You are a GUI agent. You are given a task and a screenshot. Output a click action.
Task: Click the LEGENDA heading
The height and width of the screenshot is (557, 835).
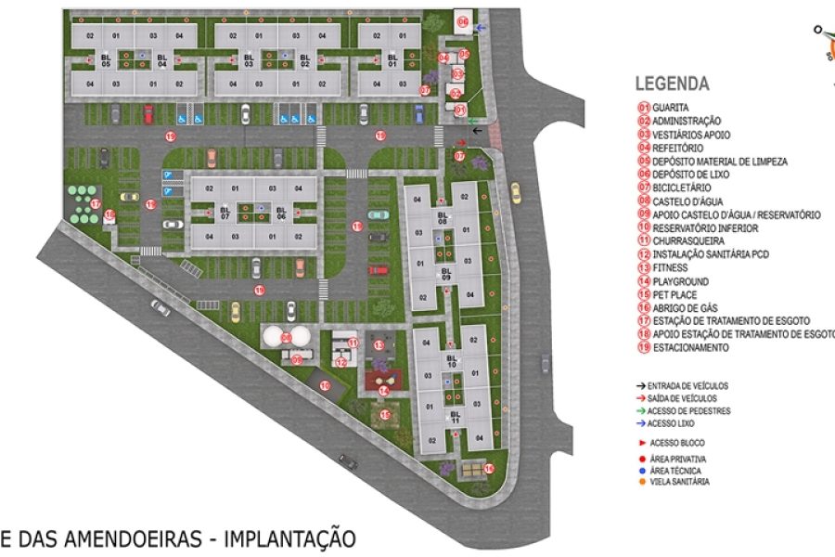coord(672,84)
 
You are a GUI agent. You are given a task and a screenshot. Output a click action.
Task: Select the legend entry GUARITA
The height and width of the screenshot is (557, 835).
coord(670,108)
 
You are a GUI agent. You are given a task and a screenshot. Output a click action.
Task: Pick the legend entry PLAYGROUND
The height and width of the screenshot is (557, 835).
coord(680,281)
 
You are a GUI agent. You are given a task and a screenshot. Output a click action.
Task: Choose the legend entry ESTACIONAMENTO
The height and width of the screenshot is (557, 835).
coord(690,348)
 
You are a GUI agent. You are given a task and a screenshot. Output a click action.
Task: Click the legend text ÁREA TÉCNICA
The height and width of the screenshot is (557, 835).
coord(677,471)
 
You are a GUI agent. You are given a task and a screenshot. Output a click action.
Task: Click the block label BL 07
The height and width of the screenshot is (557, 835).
coord(225,212)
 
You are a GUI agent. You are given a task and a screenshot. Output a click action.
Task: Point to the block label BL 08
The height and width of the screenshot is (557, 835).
coord(443,220)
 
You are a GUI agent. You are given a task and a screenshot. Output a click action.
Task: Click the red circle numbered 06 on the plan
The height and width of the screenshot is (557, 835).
coord(463,20)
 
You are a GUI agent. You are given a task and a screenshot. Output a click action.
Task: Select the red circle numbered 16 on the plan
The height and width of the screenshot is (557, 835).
coord(489,468)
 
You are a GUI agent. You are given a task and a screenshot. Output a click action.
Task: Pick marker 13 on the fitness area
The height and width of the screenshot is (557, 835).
coord(379,344)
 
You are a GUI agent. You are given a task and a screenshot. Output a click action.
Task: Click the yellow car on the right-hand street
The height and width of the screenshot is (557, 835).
coord(515,190)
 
